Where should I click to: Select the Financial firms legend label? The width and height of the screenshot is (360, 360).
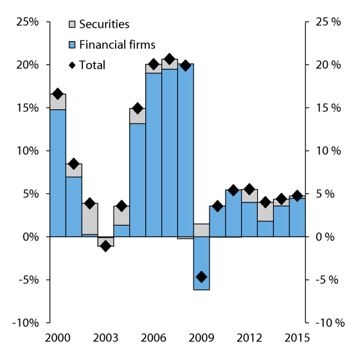[x=116, y=44]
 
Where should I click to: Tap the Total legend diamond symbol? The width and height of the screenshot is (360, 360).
[x=73, y=65]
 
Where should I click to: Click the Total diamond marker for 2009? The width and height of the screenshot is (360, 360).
[x=201, y=277]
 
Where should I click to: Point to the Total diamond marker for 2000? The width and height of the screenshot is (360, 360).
[x=58, y=94]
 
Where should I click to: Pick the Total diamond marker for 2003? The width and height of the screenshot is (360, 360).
[x=105, y=246]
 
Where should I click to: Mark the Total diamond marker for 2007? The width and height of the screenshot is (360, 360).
[x=170, y=60]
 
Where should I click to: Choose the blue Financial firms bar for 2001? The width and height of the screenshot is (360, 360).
[x=74, y=206]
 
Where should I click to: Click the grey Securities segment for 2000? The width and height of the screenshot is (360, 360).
[x=58, y=102]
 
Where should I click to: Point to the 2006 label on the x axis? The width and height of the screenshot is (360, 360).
[x=154, y=337]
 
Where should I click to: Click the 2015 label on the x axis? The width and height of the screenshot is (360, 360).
[x=296, y=337]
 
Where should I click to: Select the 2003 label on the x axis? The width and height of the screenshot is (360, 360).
[x=105, y=337]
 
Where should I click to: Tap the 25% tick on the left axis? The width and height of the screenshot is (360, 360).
[x=27, y=22]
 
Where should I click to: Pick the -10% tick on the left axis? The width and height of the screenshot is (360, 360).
[x=25, y=323]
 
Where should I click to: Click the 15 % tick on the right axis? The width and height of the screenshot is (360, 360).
[x=327, y=108]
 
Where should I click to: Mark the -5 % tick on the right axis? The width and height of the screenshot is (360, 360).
[x=327, y=280]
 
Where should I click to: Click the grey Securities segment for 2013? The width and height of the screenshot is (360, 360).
[x=265, y=212]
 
